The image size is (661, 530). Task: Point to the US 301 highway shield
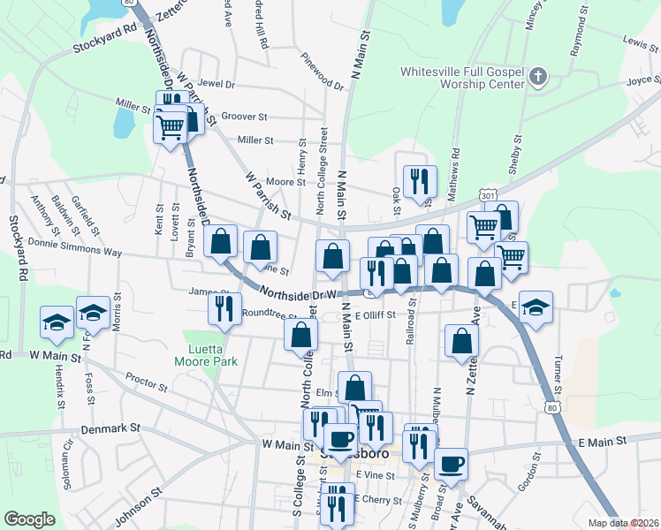click(x=487, y=194)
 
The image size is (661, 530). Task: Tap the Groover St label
click(x=244, y=117)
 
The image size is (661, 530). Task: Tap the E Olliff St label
click(x=387, y=314)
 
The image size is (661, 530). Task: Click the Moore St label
click(x=286, y=183)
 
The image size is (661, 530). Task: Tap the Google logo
click(x=29, y=519)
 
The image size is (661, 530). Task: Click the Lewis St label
click(x=640, y=42)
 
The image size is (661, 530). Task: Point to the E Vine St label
click(x=374, y=475)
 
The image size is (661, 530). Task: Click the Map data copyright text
click(x=624, y=523)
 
